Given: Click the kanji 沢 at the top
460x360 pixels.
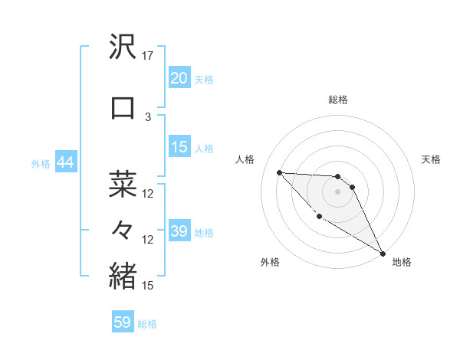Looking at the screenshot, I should click(123, 48).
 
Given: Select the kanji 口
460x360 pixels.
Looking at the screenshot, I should click(123, 107).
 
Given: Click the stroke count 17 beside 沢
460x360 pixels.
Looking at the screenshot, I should click(149, 57).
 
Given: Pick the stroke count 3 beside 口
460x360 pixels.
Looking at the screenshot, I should click(148, 116).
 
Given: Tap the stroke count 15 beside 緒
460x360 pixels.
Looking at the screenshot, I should click(149, 286).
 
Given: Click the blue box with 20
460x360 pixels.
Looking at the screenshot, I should click(179, 77).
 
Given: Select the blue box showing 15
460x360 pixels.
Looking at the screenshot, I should click(179, 147).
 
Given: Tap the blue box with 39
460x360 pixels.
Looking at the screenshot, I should click(179, 231).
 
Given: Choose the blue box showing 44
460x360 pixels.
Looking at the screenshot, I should click(65, 162).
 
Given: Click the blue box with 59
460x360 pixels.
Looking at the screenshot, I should click(123, 322).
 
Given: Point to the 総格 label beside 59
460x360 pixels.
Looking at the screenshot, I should click(148, 324).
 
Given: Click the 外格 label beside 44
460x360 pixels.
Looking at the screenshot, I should click(41, 163).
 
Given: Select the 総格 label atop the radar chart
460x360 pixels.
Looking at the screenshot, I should click(337, 100).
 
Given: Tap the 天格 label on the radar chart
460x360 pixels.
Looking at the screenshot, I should click(432, 159).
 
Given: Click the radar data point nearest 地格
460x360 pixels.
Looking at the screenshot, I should click(383, 254).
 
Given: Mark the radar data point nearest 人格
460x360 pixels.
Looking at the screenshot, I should click(279, 172).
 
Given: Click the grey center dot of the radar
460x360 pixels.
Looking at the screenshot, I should click(337, 191).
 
